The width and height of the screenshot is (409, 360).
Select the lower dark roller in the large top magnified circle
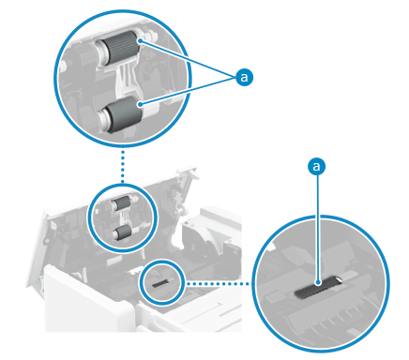124,114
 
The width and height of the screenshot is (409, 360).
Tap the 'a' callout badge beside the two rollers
244,77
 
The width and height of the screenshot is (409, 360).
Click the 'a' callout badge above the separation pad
317,166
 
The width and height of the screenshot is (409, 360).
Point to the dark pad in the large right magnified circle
316,288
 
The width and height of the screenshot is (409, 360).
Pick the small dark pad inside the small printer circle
160,282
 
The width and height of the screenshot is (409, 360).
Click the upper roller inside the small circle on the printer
121,204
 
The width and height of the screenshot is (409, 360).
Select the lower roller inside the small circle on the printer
123,232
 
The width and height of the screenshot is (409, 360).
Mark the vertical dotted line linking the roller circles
123,166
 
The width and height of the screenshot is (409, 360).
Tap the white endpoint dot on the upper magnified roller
141,40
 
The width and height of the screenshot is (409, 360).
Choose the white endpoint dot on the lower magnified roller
141,104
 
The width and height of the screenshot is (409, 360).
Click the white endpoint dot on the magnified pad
318,282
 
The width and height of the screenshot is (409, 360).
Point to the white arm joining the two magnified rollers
125,80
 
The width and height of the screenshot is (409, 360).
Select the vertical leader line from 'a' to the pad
317,228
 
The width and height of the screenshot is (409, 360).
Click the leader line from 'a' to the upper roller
189,59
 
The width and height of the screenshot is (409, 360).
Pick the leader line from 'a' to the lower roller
189,91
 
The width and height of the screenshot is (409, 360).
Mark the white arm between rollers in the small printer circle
124,218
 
